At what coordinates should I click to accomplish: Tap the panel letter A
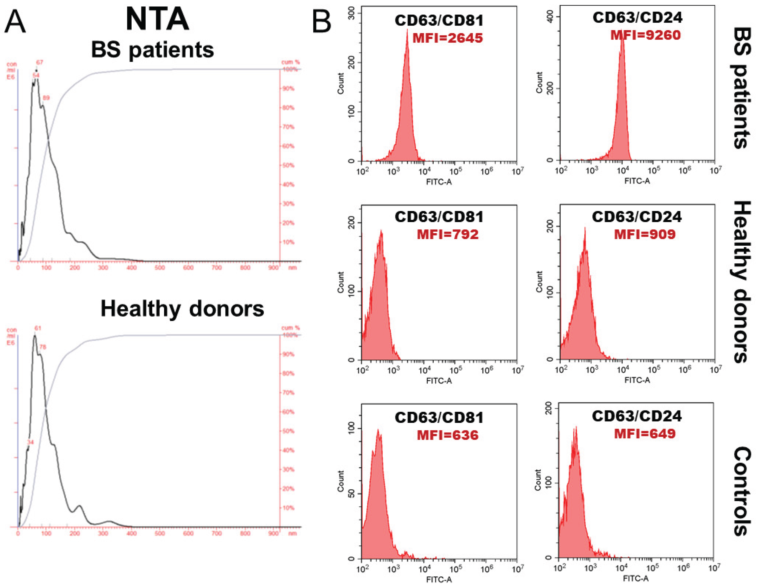[x=15, y=21]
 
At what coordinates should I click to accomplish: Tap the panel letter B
[x=321, y=21]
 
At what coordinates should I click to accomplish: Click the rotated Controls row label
[x=743, y=491]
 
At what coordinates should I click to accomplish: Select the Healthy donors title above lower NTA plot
[x=182, y=308]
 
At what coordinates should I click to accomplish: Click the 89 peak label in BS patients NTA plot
[x=46, y=98]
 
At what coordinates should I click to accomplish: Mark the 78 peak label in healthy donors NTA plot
[x=43, y=347]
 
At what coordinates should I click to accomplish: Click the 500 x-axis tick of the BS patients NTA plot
[x=160, y=268]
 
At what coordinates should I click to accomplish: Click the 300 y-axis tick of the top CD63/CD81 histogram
[x=351, y=14]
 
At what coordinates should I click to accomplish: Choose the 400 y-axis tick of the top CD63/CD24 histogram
[x=550, y=16]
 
